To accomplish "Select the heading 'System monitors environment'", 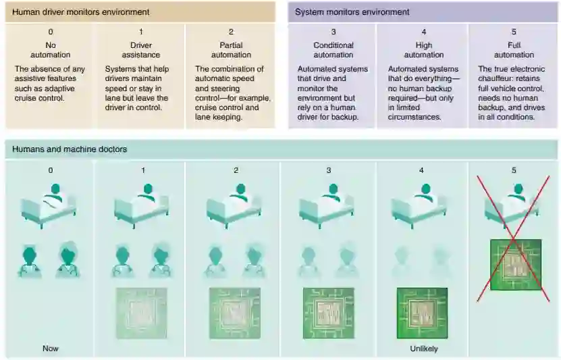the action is coord(352,12).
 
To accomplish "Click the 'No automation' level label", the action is coord(51,50).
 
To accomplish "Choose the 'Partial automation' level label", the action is coord(232,50).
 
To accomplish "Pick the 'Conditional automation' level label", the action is coord(333,50).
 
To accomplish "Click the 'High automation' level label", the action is coord(423,50).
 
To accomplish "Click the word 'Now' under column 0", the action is coord(51,349).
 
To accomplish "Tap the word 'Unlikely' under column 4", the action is coord(423,349).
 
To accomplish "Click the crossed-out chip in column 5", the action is coord(516,265).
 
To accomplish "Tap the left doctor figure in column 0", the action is coord(34,259).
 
